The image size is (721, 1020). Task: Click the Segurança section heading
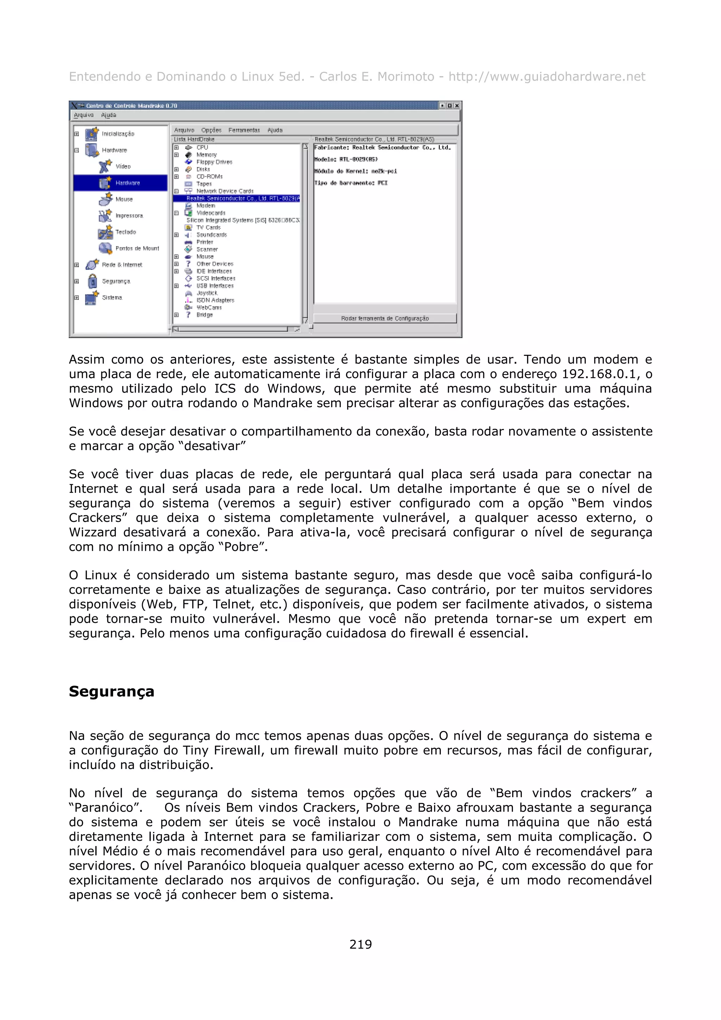coord(112,692)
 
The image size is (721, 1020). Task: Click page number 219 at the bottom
coord(360,944)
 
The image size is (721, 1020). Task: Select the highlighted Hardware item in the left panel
coord(127,183)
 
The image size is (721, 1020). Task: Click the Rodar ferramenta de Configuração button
coord(385,318)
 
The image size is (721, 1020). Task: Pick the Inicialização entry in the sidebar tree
coord(118,134)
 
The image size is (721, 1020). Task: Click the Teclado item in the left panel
coord(126,232)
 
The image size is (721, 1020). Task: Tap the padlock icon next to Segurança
coord(92,281)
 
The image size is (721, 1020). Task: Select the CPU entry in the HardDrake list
coord(202,147)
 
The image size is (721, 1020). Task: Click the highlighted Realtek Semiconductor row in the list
coord(242,199)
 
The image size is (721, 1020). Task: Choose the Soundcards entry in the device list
coord(212,234)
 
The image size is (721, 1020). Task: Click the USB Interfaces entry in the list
coord(215,286)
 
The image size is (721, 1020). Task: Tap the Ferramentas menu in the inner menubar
coord(244,130)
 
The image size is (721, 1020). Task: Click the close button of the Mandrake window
coord(456,106)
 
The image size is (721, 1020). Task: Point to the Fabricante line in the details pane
coord(382,147)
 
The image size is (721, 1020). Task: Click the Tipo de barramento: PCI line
coord(351,183)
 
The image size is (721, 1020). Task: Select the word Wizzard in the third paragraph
coord(92,532)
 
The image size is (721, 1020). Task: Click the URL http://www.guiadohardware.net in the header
coord(546,77)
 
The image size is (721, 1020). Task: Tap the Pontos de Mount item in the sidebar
coord(137,248)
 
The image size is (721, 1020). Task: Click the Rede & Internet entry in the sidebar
coord(122,265)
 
